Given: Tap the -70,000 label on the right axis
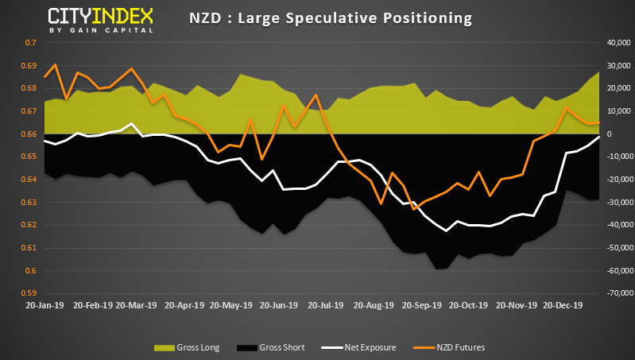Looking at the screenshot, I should [612, 294].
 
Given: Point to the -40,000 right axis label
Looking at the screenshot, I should [612, 225].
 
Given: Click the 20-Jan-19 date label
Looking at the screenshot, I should [46, 304].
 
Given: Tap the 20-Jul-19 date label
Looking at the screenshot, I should [325, 304].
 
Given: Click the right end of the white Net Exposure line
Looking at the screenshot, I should [598, 137].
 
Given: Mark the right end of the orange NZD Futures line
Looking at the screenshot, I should [598, 122].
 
